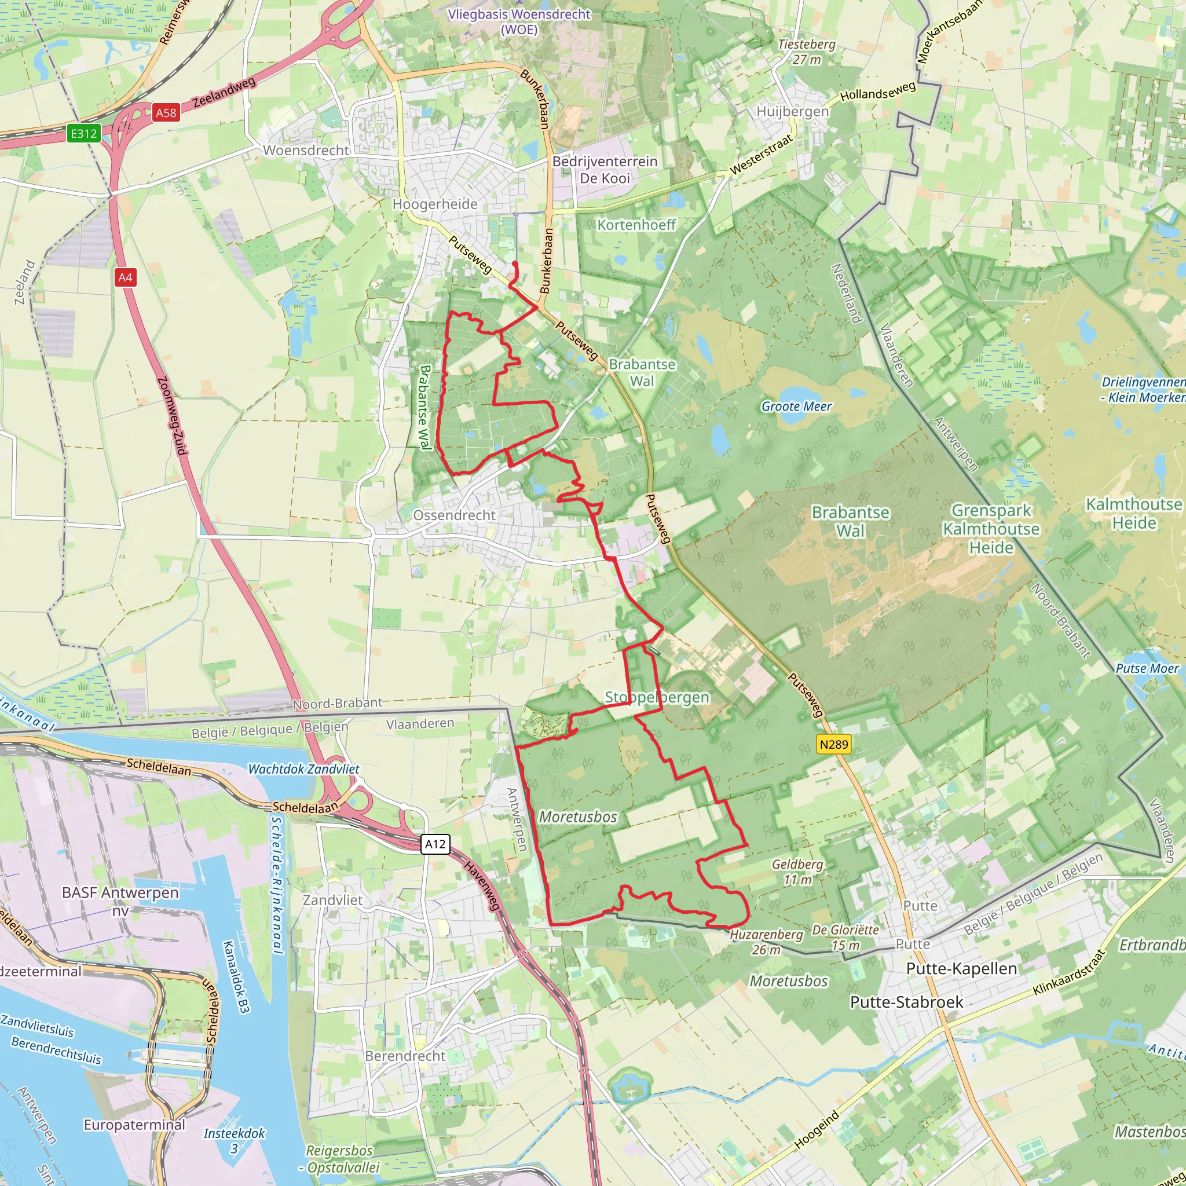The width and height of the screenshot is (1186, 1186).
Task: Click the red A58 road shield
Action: pos(166,113)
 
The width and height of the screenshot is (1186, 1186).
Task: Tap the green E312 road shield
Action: pos(83,133)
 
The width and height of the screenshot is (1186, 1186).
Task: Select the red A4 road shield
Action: pos(125,277)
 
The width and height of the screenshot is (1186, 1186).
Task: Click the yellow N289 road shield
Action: pos(834,744)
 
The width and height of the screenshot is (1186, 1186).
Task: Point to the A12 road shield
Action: pos(435,844)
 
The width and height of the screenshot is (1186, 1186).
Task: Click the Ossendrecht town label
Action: pos(453,515)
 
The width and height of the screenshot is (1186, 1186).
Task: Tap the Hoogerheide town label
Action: pos(435,204)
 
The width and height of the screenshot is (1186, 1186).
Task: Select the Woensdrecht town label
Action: pos(306,151)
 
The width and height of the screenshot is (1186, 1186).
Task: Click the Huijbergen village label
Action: pos(793,112)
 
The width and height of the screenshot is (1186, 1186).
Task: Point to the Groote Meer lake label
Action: pos(796,407)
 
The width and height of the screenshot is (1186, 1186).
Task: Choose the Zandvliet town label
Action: pos(333,900)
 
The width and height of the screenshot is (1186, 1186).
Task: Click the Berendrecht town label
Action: pos(405,1056)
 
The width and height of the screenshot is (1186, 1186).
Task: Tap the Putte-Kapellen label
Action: pos(961,968)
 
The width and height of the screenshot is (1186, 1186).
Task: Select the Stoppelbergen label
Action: pos(657,697)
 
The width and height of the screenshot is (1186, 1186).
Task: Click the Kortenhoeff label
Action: pos(636,225)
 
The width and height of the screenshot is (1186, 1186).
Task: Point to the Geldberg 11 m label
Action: pos(797,872)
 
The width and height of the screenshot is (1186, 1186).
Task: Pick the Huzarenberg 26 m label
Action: pos(766,942)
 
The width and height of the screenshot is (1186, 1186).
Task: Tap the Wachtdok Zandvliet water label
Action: pos(303,768)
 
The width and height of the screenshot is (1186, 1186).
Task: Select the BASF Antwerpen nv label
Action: pos(120,901)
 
